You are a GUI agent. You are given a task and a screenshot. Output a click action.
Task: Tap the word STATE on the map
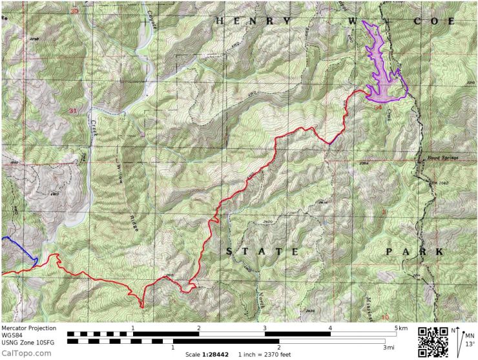click(x=262, y=251)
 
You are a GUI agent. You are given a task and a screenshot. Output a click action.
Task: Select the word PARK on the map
click(x=413, y=251)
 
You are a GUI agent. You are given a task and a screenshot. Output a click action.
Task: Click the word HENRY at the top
click(x=253, y=21)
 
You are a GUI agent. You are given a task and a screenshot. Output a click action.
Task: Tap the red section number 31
click(x=73, y=111)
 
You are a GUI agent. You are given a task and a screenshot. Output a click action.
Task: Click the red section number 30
click(x=74, y=11)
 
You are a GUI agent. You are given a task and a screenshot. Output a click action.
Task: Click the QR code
click(x=433, y=341)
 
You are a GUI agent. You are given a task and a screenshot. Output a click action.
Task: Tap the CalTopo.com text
click(x=26, y=353)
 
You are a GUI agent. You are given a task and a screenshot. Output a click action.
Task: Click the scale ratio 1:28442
click(x=208, y=354)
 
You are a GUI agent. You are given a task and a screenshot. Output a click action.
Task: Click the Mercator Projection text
click(x=28, y=328)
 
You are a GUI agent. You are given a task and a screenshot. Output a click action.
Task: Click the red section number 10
click(x=385, y=317)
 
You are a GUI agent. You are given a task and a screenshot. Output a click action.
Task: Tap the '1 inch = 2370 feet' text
click(x=264, y=354)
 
